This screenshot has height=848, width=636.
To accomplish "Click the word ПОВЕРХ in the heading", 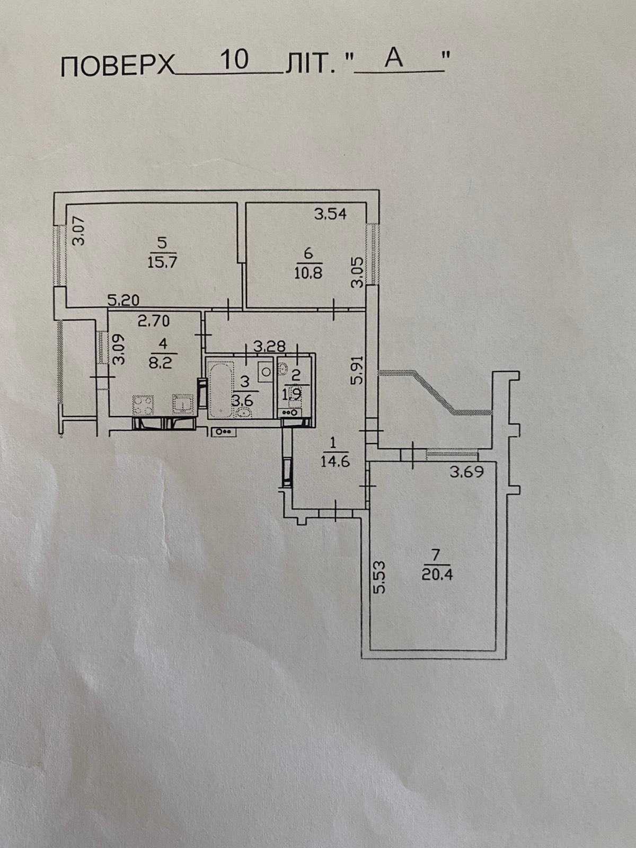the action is pyautogui.click(x=118, y=66).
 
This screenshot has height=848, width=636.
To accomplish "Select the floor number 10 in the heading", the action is pyautogui.click(x=235, y=60).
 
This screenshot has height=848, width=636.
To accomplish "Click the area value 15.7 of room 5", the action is pyautogui.click(x=162, y=262).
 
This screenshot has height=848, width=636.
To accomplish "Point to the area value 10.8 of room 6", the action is pyautogui.click(x=308, y=273).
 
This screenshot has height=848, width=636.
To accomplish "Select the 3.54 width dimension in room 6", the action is pyautogui.click(x=330, y=214).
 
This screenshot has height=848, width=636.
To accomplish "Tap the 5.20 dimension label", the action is pyautogui.click(x=123, y=300).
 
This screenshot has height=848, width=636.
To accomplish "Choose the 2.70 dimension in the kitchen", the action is pyautogui.click(x=154, y=321).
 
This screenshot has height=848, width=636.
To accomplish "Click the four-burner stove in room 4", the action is pyautogui.click(x=143, y=405).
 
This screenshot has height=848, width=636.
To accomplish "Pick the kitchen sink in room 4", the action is pyautogui.click(x=182, y=404).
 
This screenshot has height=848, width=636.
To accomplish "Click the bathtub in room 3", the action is pyautogui.click(x=220, y=390).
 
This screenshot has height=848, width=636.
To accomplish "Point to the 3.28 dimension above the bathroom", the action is pyautogui.click(x=269, y=346).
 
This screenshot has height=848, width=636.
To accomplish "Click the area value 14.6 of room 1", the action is pyautogui.click(x=335, y=462).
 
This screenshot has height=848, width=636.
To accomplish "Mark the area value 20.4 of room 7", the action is pyautogui.click(x=438, y=575).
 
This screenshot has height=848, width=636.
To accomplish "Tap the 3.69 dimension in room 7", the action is pyautogui.click(x=467, y=472).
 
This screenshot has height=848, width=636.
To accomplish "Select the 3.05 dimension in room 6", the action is pyautogui.click(x=357, y=273).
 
